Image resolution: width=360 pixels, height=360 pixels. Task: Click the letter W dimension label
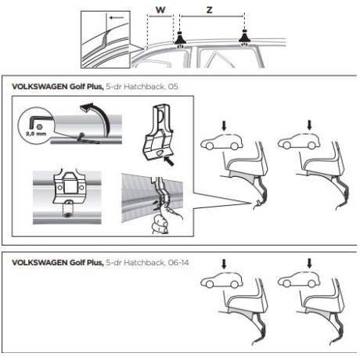[x=161, y=11]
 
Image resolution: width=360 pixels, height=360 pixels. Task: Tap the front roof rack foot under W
[x=180, y=39]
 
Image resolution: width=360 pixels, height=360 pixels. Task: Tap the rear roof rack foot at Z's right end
[x=245, y=39]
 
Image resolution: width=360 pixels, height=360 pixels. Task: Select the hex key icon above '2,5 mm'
[x=37, y=121]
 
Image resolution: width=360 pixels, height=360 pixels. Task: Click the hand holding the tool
[x=162, y=223]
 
